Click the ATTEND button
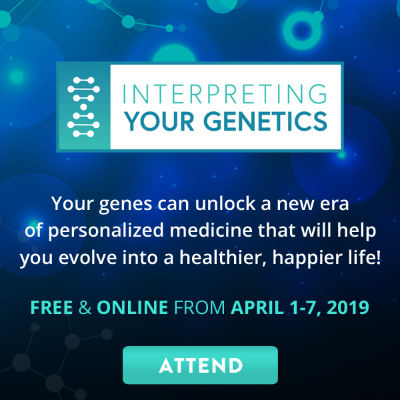pyautogui.click(x=200, y=365)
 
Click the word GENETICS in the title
pyautogui.click(x=275, y=121)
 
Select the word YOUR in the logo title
pyautogui.click(x=158, y=121)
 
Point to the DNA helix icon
pyautogui.click(x=84, y=106)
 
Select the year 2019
pyautogui.click(x=346, y=309)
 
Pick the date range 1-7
pyautogui.click(x=301, y=309)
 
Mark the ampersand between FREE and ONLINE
pyautogui.click(x=85, y=309)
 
